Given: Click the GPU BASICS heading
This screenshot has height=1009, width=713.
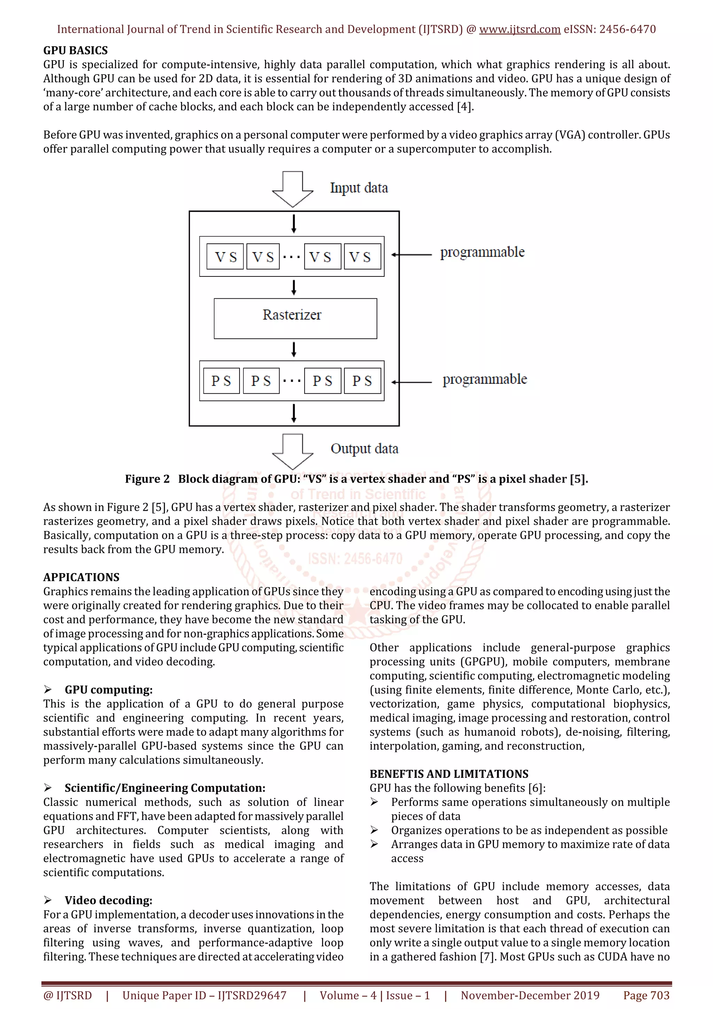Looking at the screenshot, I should click(x=75, y=50).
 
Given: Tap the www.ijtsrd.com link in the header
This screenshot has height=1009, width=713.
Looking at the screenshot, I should click(x=519, y=30).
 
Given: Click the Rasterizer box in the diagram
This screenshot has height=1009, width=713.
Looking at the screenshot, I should click(x=295, y=318).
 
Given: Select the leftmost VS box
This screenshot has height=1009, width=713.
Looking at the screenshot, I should click(x=225, y=256).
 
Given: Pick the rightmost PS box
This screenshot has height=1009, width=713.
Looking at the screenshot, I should click(x=362, y=381).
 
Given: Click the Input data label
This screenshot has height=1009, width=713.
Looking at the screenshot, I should click(x=359, y=188).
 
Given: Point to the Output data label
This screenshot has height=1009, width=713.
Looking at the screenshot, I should click(x=364, y=449).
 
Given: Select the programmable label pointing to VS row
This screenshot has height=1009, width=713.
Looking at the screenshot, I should click(x=482, y=252).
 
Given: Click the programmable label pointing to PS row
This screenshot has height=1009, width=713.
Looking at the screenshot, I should click(x=484, y=379).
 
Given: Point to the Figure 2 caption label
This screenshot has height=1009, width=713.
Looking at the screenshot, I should click(x=147, y=479).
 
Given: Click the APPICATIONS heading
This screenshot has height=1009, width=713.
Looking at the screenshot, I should click(x=81, y=577).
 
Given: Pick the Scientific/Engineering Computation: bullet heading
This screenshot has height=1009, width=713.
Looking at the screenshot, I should click(x=165, y=788).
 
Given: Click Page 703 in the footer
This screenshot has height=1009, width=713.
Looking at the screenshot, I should click(x=646, y=995).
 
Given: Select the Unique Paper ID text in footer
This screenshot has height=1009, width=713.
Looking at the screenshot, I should click(x=204, y=995).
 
